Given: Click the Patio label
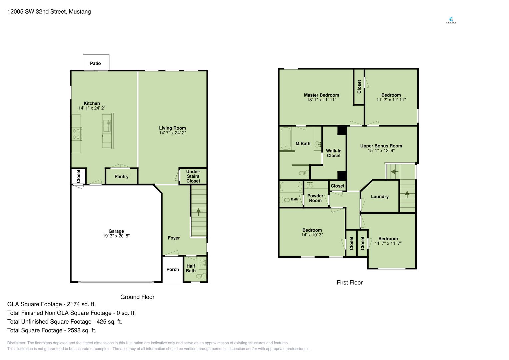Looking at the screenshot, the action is point(95,63).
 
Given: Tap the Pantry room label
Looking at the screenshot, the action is point(122,177).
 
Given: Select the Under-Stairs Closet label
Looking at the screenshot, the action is point(193,176).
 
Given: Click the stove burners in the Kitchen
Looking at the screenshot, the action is point(76,134).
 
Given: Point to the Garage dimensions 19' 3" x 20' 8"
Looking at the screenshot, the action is point(116,236).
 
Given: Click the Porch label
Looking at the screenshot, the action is point(173,270).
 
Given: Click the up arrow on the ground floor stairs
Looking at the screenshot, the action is point(198,212).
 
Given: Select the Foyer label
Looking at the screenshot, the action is point(174,238).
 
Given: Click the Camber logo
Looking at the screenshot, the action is point(451,21).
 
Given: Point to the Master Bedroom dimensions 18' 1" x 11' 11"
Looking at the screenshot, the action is point(322,100).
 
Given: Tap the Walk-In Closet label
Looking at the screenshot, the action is point(334,153).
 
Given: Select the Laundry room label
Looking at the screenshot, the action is point(380,197).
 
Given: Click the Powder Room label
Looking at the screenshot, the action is point(315,198).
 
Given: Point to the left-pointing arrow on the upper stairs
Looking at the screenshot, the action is point(394,172).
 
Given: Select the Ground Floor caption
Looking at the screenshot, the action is point(137,297).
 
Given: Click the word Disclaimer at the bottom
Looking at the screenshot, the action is point(17,343).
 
